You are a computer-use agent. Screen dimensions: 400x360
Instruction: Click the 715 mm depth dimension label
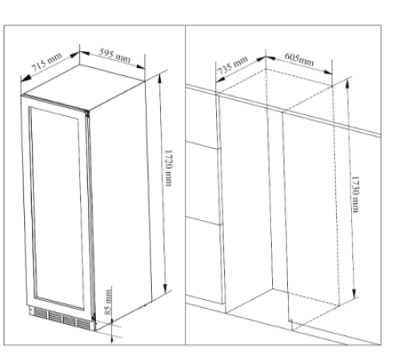(x=46, y=62)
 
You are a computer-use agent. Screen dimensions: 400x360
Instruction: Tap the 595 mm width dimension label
(x=114, y=55)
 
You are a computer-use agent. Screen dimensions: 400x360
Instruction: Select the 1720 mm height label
(x=168, y=168)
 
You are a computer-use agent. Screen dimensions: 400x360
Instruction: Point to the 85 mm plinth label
(x=108, y=302)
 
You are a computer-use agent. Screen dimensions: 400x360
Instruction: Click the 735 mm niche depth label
(x=233, y=66)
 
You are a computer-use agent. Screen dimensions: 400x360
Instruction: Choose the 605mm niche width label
(x=299, y=59)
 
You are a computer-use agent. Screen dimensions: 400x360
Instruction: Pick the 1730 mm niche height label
(x=355, y=194)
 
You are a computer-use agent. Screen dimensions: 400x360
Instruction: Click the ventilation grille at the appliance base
(x=62, y=318)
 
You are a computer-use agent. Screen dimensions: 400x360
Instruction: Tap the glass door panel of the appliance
(x=57, y=208)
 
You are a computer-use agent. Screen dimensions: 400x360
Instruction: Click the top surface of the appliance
(x=82, y=86)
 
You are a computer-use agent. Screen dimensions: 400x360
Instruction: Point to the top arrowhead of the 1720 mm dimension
(x=160, y=78)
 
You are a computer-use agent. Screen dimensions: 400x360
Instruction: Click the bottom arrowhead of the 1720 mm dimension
(x=165, y=287)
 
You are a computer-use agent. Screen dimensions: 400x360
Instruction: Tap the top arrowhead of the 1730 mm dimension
(x=347, y=83)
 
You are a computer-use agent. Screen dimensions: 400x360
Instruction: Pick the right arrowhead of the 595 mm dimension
(x=141, y=66)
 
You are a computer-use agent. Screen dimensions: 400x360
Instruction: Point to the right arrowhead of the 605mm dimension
(x=328, y=72)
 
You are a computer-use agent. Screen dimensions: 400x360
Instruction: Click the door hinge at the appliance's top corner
(x=87, y=114)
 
